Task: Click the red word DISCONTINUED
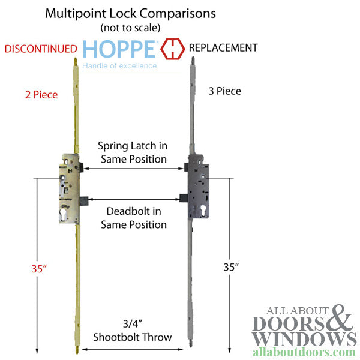pos(41,49)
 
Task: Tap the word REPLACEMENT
pos(223,47)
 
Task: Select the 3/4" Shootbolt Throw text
pos(133,331)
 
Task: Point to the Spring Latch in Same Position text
pos(133,153)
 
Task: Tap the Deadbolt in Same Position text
pos(136,218)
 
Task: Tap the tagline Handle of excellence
pos(120,65)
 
